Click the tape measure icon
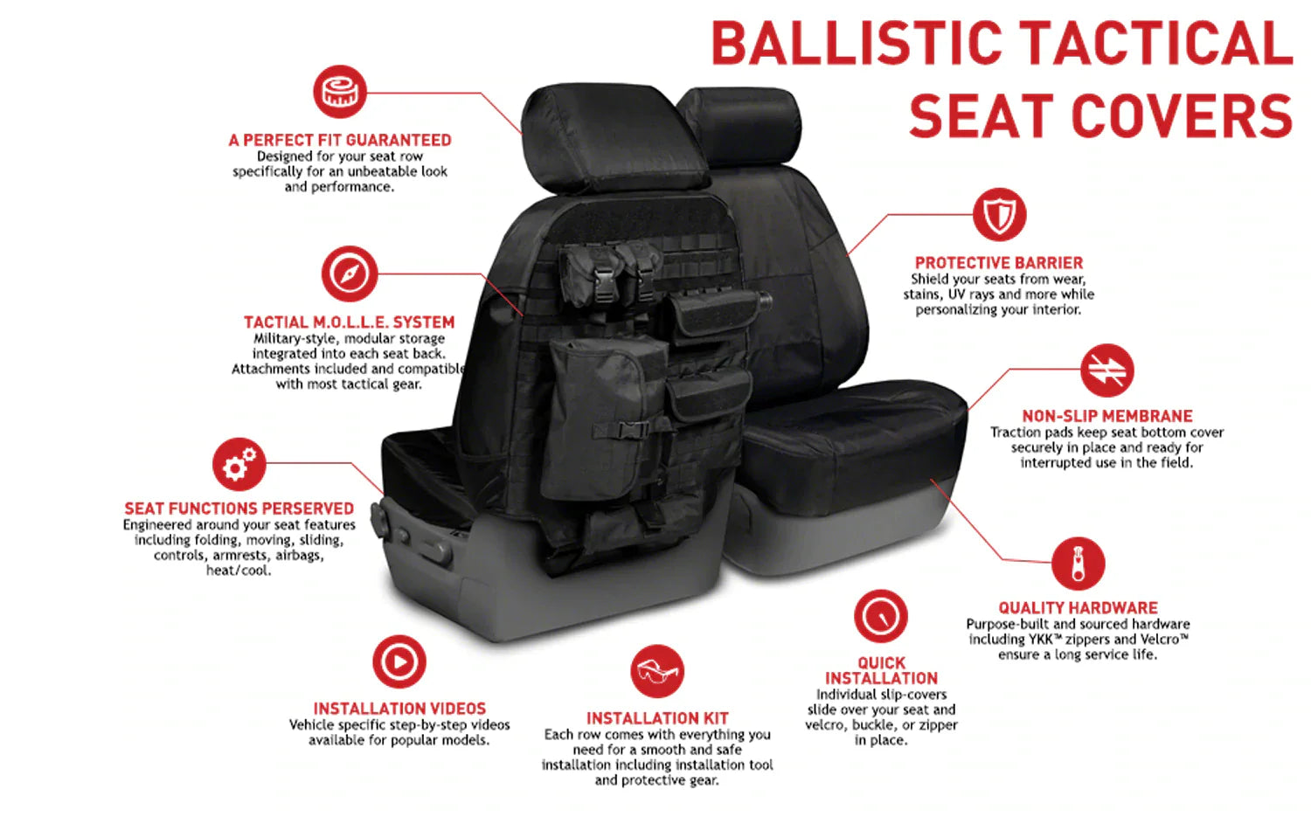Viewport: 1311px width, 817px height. point(340,92)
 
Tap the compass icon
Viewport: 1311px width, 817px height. point(350,273)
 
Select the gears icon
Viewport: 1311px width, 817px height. point(239,463)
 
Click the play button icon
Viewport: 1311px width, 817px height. point(399,661)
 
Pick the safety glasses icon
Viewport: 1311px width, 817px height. point(657,671)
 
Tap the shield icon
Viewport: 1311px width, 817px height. point(999,214)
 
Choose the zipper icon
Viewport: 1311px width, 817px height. point(1078,563)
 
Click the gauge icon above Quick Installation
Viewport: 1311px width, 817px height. point(881,616)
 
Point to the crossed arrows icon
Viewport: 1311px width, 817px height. point(1107,370)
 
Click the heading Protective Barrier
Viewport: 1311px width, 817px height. point(999,263)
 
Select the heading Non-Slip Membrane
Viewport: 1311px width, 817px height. point(1107,416)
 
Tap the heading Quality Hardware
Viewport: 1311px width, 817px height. point(1078,608)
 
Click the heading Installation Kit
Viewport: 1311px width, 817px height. point(657,718)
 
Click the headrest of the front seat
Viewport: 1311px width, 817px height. point(614,138)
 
